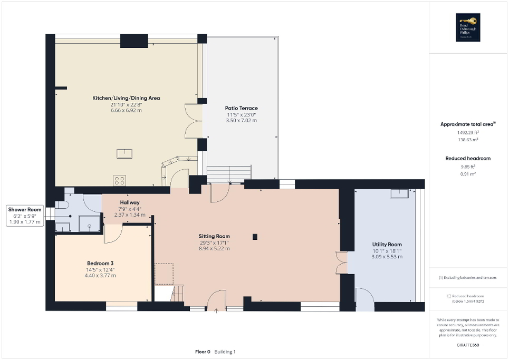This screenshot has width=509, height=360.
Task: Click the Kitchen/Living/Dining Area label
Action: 126,98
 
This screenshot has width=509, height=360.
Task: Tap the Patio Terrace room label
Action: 242,108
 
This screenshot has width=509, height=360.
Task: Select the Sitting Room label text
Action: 214,236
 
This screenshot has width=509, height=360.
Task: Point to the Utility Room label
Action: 387,245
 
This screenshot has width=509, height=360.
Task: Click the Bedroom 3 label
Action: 101,264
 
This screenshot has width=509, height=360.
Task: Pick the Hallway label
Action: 129,202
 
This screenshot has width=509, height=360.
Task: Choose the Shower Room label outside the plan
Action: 24,210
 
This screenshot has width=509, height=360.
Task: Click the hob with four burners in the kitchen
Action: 119,180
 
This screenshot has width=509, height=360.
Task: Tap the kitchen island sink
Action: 125,153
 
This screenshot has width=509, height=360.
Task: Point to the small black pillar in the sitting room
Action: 256,237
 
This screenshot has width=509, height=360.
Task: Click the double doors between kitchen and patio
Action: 193,121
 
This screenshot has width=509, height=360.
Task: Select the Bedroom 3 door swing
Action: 112,233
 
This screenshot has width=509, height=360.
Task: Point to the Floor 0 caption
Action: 203,352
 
